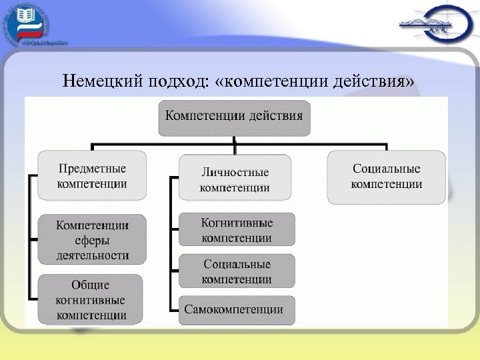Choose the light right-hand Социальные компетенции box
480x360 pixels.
[387, 176]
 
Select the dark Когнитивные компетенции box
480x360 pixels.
[237, 229]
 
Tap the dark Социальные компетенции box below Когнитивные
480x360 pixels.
[237, 271]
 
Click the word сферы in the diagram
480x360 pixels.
[92, 240]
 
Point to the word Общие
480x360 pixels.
[92, 285]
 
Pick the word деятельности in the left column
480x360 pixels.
[92, 255]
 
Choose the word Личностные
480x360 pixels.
[235, 172]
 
